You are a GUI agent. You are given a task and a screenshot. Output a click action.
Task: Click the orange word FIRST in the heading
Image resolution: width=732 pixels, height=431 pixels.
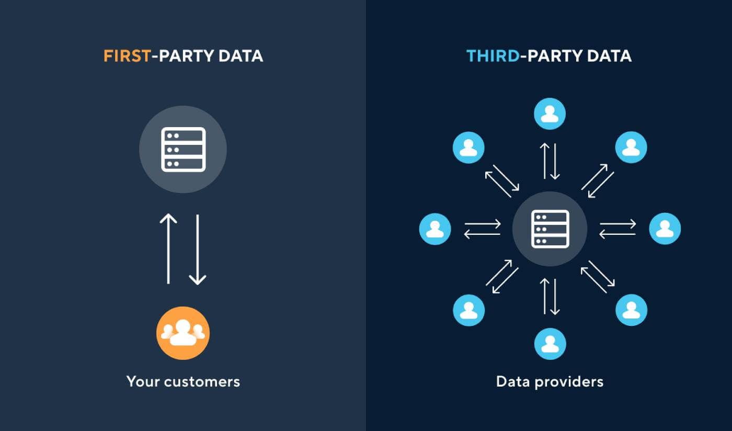[x=127, y=56]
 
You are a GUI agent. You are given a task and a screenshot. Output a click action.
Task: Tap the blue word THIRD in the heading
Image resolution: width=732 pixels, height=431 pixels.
[x=493, y=56]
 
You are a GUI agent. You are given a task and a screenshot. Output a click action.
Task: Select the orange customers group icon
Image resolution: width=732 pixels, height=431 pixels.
[x=183, y=333]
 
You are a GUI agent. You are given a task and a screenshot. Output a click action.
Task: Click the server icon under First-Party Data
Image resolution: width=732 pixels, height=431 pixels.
[x=183, y=149]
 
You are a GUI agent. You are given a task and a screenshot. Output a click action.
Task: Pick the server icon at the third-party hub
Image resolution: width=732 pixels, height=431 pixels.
[x=550, y=229]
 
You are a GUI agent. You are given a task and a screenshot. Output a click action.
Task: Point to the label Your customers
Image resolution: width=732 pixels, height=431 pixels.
[x=183, y=381]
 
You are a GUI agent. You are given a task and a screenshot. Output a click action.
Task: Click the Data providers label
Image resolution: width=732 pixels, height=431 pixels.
[x=550, y=381]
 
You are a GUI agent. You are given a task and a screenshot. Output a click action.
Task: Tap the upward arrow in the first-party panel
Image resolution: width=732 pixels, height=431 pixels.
[x=168, y=248]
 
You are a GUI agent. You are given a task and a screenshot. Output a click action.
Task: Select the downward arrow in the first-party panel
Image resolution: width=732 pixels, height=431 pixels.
[x=197, y=248]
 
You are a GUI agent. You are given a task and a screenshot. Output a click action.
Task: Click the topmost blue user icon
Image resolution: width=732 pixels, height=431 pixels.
[x=550, y=114]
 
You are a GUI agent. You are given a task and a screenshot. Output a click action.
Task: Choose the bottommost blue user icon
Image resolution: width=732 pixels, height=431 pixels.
[x=550, y=344]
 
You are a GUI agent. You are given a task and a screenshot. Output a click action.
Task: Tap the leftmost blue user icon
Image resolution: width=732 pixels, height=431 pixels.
[x=435, y=229]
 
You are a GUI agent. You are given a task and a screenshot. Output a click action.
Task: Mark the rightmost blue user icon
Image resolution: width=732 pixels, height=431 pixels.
[x=665, y=229]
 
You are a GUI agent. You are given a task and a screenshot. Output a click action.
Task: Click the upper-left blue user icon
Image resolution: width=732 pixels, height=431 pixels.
[x=468, y=147]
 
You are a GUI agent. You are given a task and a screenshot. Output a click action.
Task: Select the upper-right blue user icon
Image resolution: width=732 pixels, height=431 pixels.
[x=631, y=147]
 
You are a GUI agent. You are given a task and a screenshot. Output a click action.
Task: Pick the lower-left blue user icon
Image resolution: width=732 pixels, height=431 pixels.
[x=468, y=310]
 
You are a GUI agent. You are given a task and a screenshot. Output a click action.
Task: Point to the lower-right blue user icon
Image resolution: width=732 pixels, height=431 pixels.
[x=631, y=310]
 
